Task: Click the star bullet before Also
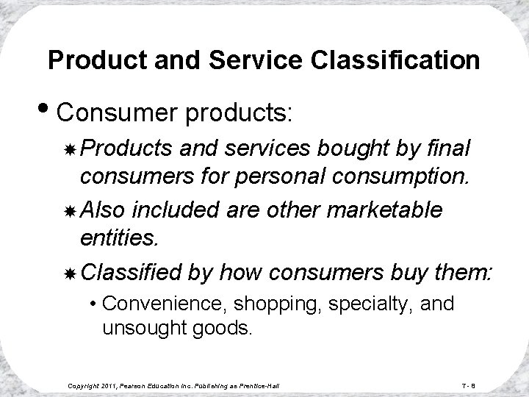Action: coord(71,210)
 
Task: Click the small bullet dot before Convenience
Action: coord(94,304)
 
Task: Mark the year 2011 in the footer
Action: coord(112,385)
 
